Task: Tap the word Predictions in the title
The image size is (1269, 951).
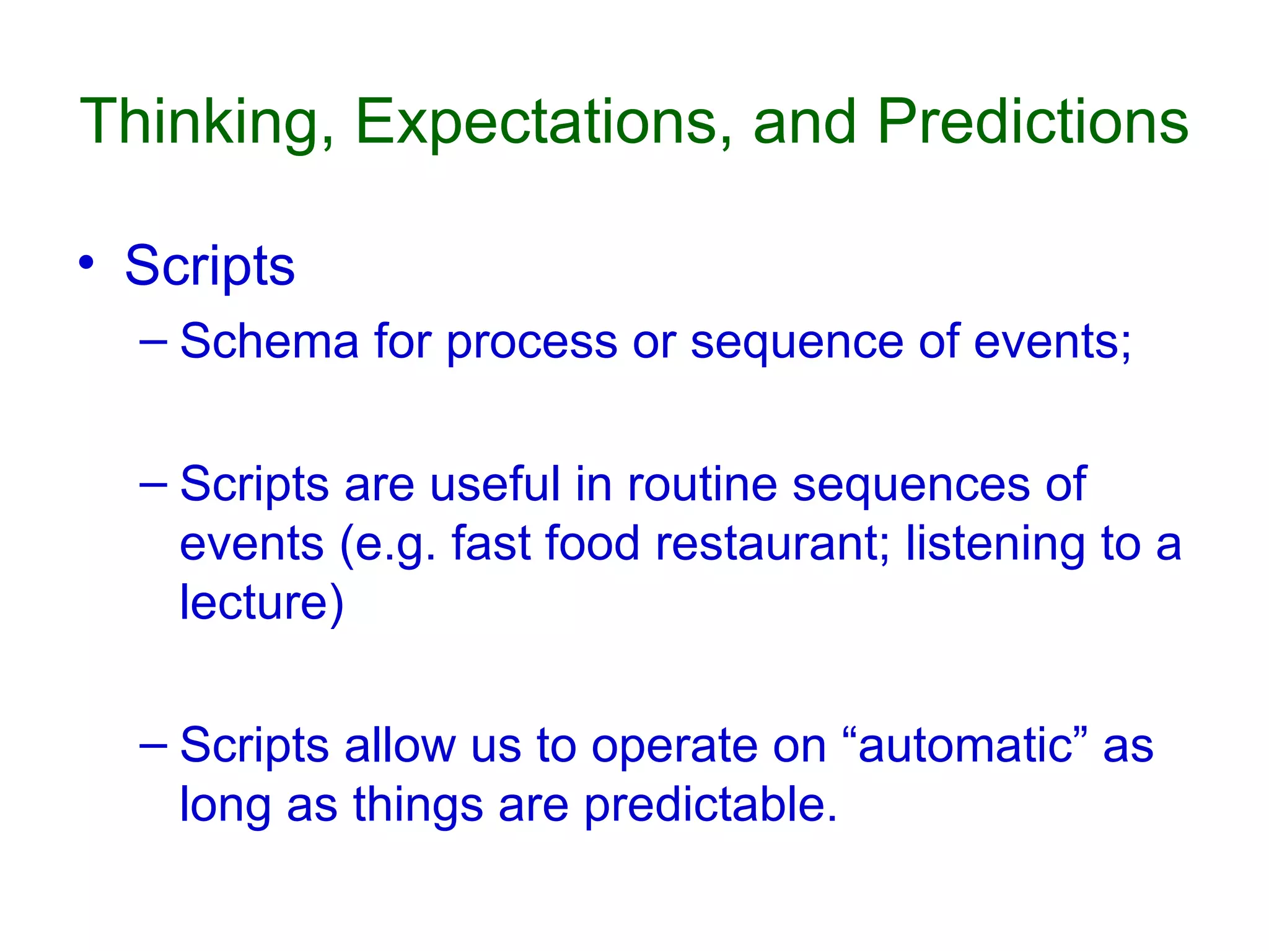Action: (1033, 122)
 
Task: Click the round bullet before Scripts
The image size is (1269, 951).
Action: (87, 264)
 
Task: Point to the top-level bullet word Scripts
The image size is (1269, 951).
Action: (210, 266)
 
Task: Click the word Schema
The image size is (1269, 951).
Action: (270, 342)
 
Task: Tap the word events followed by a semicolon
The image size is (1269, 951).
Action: (1052, 342)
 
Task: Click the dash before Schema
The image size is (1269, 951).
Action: (153, 342)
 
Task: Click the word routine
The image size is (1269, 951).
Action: (702, 484)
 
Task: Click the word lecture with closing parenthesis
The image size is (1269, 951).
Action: (261, 602)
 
